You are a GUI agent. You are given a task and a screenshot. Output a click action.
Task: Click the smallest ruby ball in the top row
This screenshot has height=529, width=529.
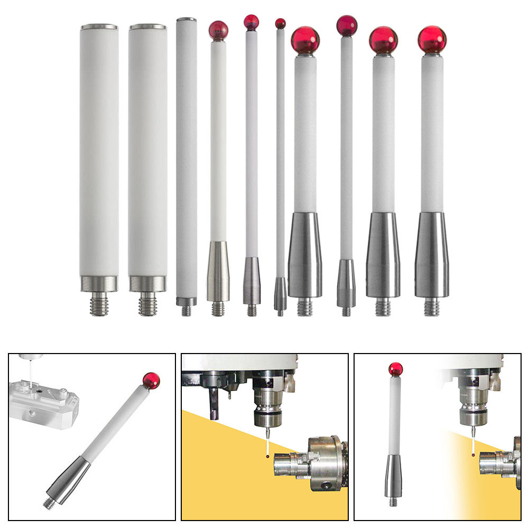(280, 23)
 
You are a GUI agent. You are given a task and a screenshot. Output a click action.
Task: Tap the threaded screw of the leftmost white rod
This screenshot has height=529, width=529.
(99, 304)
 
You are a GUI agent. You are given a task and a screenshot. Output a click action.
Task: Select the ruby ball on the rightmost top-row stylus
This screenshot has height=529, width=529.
(432, 40)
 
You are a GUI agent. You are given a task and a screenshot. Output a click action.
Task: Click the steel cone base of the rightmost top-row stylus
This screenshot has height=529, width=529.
(431, 255)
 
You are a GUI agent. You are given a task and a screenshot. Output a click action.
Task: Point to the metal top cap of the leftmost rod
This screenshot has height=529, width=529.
(99, 27)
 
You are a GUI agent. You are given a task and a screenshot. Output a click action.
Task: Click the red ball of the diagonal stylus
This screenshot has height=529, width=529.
(151, 380)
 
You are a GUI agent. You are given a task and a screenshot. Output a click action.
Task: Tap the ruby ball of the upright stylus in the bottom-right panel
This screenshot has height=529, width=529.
(395, 369)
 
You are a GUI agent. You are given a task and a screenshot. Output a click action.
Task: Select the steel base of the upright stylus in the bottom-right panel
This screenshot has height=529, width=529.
(393, 476)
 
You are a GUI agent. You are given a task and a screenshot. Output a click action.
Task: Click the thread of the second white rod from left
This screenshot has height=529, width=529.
(147, 304)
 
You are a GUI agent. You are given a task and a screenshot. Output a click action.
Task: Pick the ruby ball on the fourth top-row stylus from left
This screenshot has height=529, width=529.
(218, 31)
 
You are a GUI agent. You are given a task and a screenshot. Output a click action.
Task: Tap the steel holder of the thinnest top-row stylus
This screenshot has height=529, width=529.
(280, 294)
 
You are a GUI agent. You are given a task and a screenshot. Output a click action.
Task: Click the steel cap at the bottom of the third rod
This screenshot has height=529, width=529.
(186, 301)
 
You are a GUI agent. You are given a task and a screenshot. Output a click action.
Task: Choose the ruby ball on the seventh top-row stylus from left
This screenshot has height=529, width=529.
(305, 39)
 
